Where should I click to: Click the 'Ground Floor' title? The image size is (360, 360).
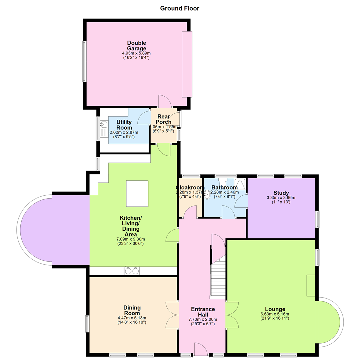click(x=180, y=8)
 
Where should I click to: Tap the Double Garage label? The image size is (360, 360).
click(x=137, y=45)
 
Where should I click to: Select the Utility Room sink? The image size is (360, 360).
click(x=104, y=125)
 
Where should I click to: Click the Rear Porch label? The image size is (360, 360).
click(x=164, y=119)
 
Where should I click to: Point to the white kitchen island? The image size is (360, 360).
click(x=137, y=194)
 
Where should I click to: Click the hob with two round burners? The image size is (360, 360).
click(x=132, y=271)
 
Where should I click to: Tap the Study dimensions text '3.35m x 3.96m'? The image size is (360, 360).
click(x=281, y=197)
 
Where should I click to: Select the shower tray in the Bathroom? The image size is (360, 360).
click(x=240, y=184)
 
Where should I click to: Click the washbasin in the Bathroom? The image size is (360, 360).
click(x=207, y=195)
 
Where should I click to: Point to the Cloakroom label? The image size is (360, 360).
click(x=190, y=187)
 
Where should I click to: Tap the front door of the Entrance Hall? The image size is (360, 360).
click(x=201, y=350)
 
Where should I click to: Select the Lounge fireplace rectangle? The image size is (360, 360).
click(x=311, y=285)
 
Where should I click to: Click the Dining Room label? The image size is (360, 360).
click(x=132, y=310)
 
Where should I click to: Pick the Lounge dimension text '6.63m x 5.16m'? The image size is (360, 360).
click(x=275, y=314)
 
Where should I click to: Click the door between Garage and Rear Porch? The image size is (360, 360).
click(x=165, y=101)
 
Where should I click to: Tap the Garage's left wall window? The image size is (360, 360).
click(x=84, y=61)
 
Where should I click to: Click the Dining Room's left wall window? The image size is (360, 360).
click(x=87, y=324)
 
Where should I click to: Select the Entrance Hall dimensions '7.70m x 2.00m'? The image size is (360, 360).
click(x=203, y=319)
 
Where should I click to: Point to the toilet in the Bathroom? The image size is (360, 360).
click(x=222, y=181)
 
